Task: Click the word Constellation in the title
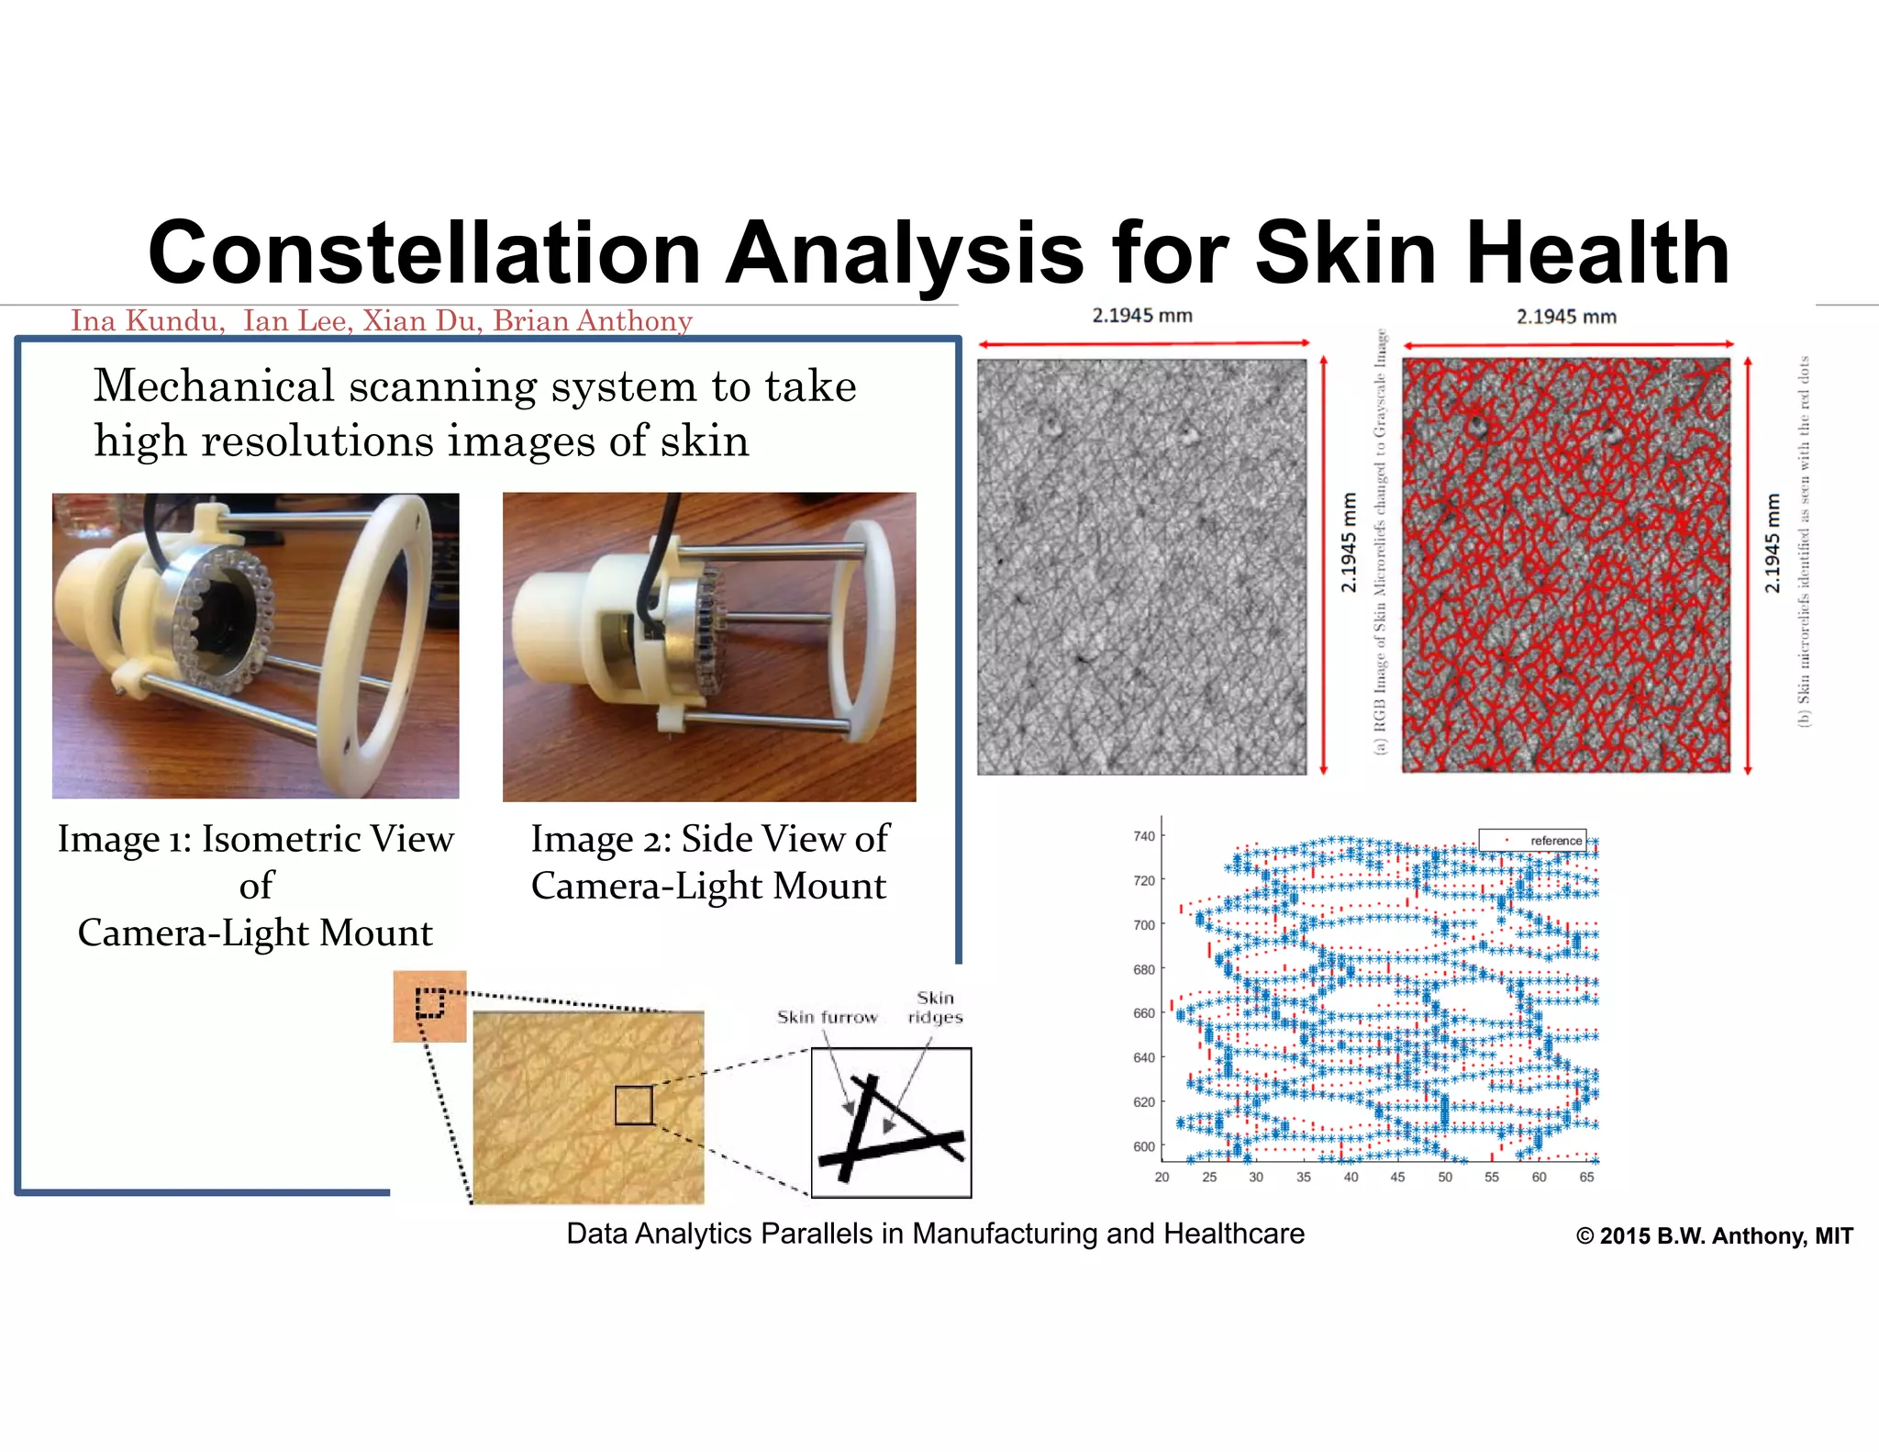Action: click(x=425, y=253)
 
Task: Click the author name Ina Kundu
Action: click(x=147, y=321)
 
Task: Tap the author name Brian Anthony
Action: click(x=593, y=321)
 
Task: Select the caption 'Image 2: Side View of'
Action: click(x=709, y=839)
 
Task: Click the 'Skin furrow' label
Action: click(x=827, y=1017)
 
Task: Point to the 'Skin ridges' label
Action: click(x=935, y=1008)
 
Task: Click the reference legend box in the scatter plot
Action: click(x=1532, y=840)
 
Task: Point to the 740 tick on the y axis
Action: click(x=1143, y=836)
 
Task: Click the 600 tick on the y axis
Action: click(x=1143, y=1146)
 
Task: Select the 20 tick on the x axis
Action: click(x=1162, y=1177)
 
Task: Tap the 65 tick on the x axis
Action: click(x=1586, y=1177)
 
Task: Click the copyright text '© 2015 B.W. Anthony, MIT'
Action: click(x=1714, y=1236)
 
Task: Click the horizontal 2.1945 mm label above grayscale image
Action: click(x=1141, y=316)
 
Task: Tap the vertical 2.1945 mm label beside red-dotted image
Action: click(x=1772, y=543)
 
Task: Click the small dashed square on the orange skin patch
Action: click(x=429, y=1002)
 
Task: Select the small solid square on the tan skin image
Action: click(x=634, y=1105)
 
